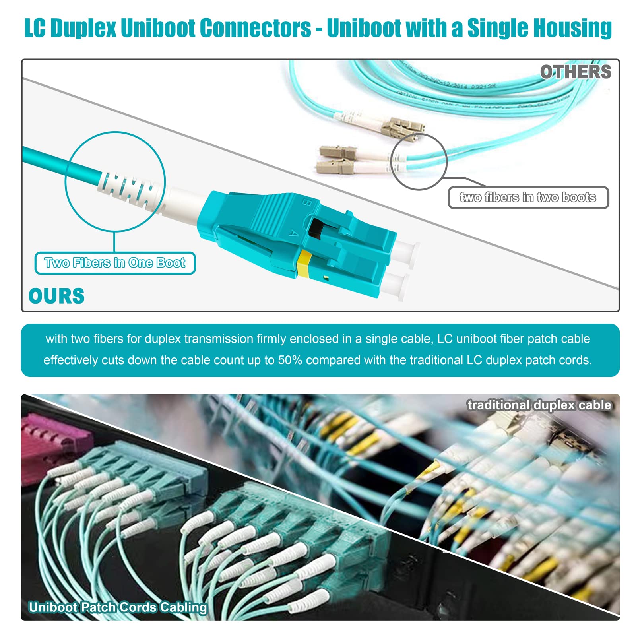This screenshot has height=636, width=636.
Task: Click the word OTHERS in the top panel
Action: click(x=575, y=72)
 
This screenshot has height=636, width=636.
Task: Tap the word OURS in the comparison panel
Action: click(x=56, y=296)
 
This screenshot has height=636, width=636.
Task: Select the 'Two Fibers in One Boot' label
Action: click(x=115, y=263)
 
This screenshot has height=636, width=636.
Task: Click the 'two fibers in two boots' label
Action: click(x=528, y=197)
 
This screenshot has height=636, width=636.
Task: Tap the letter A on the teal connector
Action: click(x=293, y=233)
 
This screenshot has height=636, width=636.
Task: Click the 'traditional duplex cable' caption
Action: click(x=539, y=405)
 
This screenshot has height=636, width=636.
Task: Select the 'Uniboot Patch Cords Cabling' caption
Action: click(x=118, y=607)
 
